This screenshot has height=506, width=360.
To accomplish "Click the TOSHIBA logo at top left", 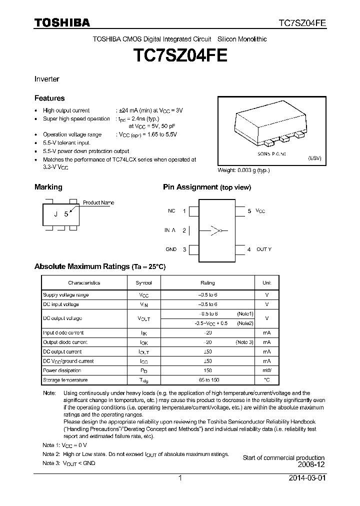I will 62,22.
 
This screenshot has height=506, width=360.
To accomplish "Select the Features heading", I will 49,98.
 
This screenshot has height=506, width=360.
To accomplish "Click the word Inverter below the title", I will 46,79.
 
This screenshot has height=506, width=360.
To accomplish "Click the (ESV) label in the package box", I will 314,157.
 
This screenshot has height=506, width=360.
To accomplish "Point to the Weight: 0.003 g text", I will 243,170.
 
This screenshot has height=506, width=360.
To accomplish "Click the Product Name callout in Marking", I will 98,202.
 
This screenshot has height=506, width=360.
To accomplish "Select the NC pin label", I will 171,211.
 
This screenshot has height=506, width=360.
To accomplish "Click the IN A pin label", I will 170,230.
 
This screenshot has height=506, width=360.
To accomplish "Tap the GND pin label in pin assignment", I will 171,249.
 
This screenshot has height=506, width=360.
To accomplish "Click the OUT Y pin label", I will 263,249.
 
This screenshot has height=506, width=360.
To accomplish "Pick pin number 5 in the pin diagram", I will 249,211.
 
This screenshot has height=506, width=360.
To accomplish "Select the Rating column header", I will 207,282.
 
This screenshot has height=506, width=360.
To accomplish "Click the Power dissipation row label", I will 62,370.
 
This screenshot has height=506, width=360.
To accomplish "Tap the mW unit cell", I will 266,370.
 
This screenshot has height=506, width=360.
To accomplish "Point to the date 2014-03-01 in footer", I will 306,478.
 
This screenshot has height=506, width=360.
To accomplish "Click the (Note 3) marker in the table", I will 244,342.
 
